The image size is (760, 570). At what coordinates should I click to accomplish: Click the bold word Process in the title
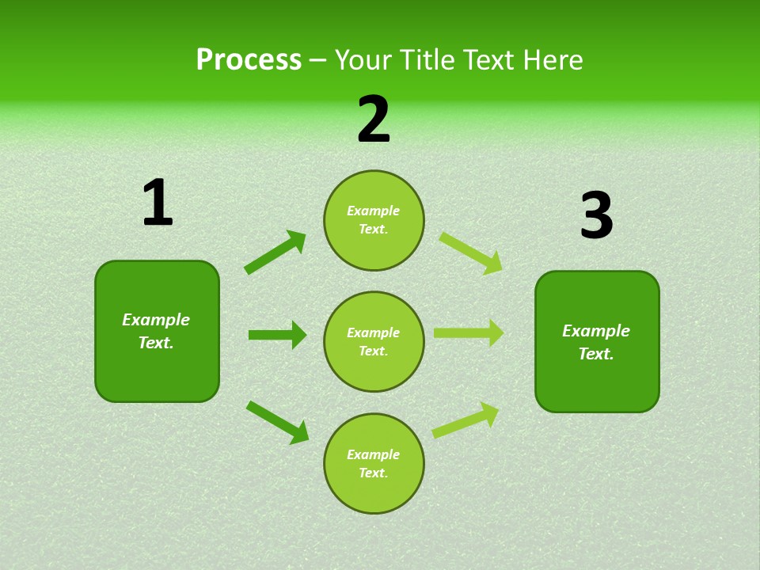(x=249, y=60)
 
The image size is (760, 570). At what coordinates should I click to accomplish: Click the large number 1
(x=158, y=203)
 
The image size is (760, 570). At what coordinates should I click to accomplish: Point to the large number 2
(x=374, y=120)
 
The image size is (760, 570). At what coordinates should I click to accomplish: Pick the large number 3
(x=596, y=216)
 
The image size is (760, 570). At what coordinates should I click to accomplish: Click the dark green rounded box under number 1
(x=157, y=372)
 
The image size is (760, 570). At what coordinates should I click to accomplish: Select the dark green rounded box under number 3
(x=597, y=384)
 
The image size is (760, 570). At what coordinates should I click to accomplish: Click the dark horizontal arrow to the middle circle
(x=278, y=335)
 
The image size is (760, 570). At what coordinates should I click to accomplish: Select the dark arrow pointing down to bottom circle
(x=278, y=422)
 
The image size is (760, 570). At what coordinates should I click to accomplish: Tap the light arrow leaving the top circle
(x=470, y=253)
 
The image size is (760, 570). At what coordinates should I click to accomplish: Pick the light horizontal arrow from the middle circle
(x=469, y=333)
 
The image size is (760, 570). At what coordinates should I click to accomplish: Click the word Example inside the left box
(x=156, y=320)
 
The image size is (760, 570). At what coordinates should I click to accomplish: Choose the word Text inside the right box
(x=595, y=354)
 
